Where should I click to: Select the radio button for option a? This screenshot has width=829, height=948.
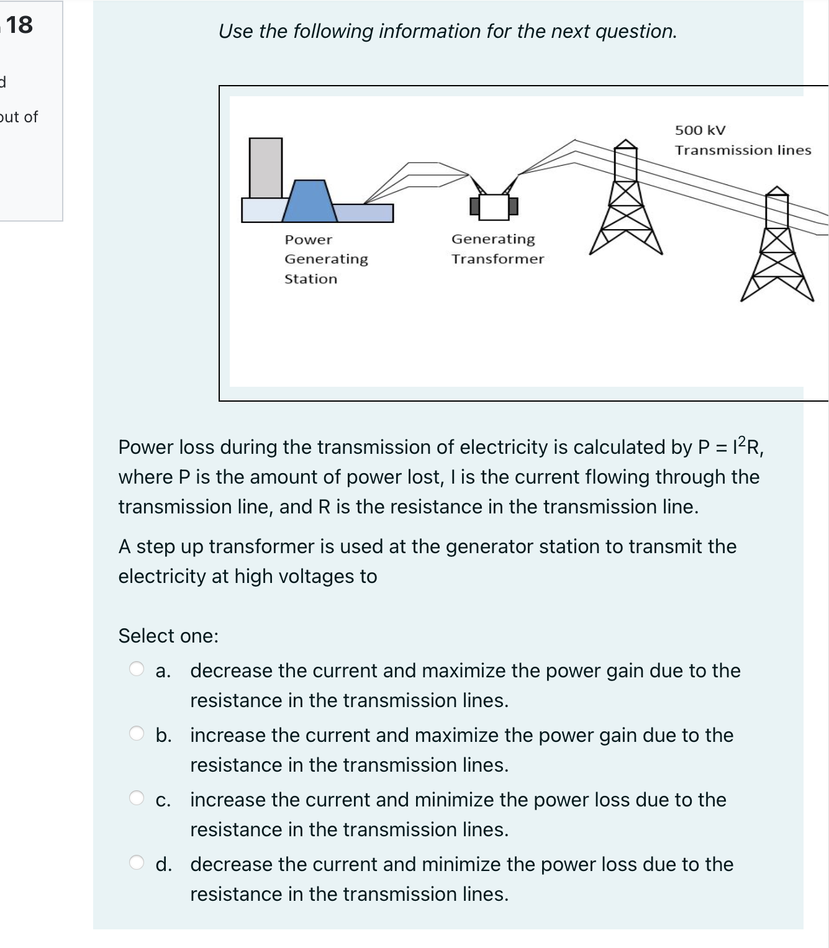point(136,669)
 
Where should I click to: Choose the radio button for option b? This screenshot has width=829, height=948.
point(136,733)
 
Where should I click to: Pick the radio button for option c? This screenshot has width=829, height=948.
point(136,797)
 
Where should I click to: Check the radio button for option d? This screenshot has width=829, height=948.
point(136,862)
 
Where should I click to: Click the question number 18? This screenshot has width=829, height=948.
point(19,25)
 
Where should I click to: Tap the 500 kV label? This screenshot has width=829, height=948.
point(700,130)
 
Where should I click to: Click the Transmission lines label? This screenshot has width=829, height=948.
point(743,150)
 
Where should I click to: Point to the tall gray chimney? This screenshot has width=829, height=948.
point(266,168)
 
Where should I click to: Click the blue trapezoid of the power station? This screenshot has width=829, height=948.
point(309,201)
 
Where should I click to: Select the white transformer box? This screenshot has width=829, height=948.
point(494,207)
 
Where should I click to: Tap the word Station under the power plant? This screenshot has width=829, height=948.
point(310,279)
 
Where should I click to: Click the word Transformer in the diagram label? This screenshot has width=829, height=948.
point(497,258)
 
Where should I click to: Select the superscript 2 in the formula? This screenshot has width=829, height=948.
point(742,441)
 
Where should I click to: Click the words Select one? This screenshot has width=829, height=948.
point(168,635)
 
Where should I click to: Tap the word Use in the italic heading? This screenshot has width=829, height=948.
point(236,31)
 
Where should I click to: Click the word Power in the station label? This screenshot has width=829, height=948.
point(308,240)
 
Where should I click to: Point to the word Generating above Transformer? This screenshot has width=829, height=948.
point(493,239)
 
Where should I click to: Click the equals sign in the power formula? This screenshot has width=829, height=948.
point(721,448)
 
